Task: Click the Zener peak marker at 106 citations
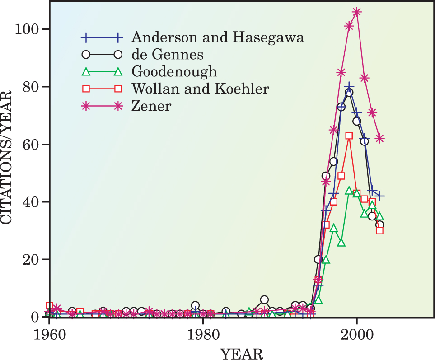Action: [x=357, y=12]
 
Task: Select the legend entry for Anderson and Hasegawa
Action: [x=217, y=37]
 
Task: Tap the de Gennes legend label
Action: [x=167, y=55]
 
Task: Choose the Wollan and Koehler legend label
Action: [x=200, y=89]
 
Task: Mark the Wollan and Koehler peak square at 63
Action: [x=349, y=136]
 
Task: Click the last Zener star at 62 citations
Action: [x=380, y=138]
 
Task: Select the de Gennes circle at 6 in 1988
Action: [x=265, y=300]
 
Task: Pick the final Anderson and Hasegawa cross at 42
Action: [x=380, y=196]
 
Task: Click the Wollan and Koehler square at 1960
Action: [x=49, y=306]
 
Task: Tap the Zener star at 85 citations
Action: [x=341, y=72]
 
